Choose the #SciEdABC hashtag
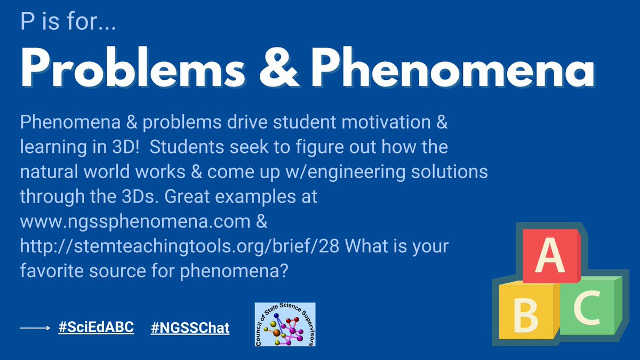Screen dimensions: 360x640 point(96,327)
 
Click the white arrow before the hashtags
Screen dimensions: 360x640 point(35,329)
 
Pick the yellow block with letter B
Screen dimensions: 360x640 point(526,315)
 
